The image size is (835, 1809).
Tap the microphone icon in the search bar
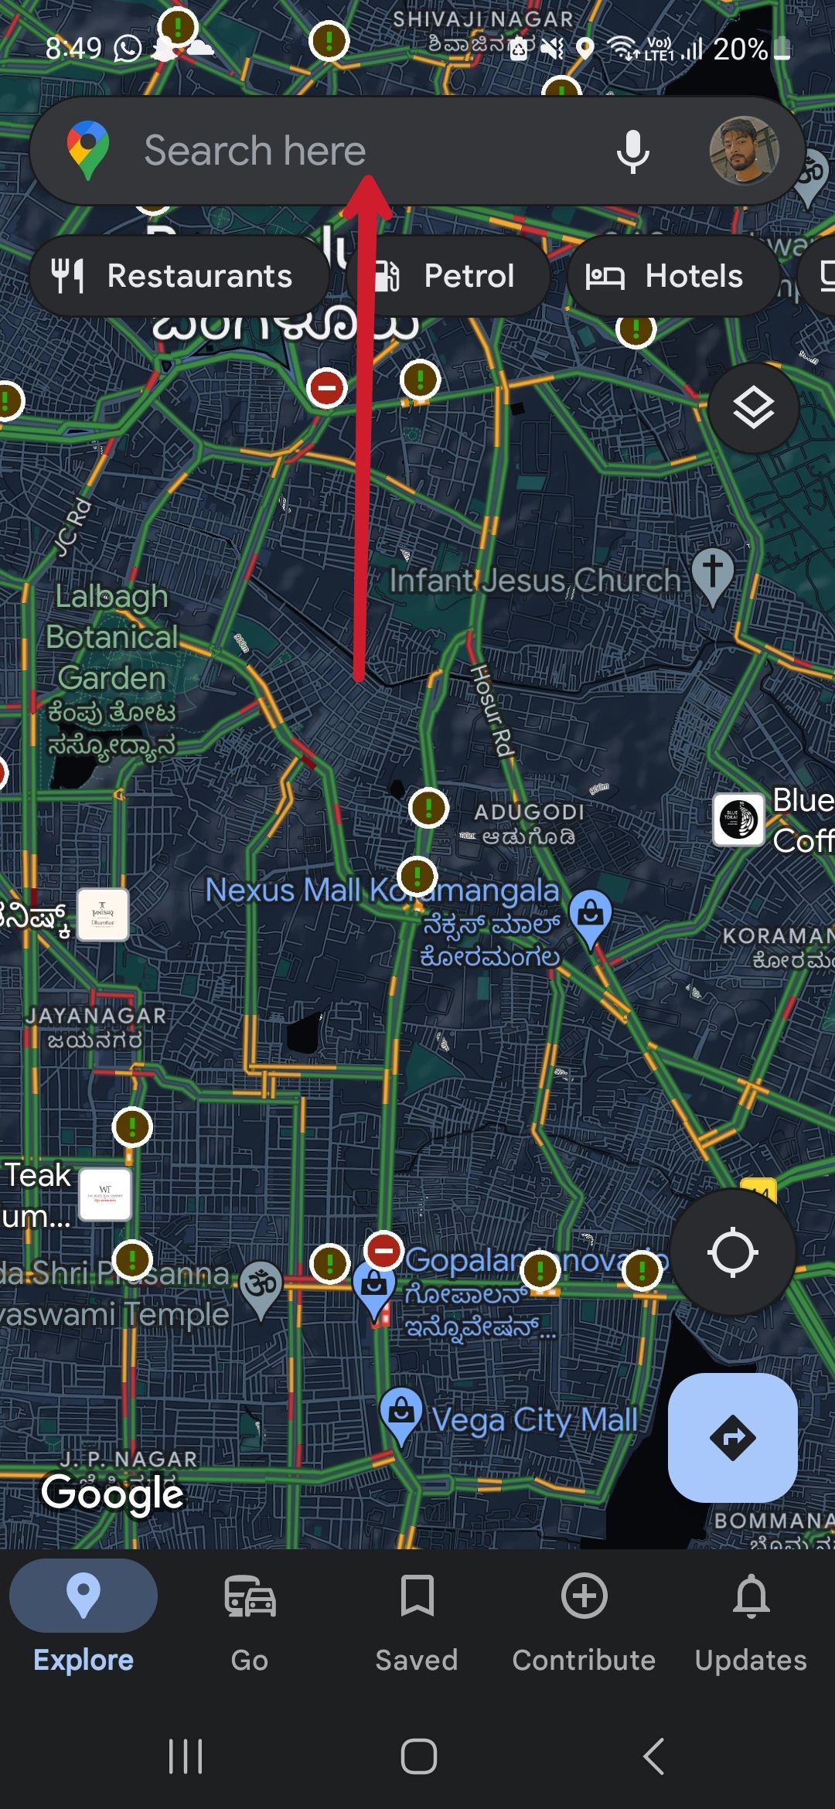pyautogui.click(x=632, y=152)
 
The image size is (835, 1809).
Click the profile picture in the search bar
pyautogui.click(x=744, y=151)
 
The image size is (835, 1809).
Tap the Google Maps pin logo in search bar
pyautogui.click(x=87, y=149)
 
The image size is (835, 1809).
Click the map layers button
pyautogui.click(x=753, y=407)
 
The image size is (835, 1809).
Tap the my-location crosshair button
pyautogui.click(x=732, y=1252)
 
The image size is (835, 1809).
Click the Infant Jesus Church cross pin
pyautogui.click(x=712, y=574)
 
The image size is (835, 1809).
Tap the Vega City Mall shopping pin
pyautogui.click(x=400, y=1412)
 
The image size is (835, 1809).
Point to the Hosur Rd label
pyautogui.click(x=492, y=710)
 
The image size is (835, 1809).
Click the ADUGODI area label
pyautogui.click(x=529, y=813)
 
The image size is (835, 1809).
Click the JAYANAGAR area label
pyautogui.click(x=96, y=1016)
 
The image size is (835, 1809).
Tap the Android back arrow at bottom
pyautogui.click(x=654, y=1756)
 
